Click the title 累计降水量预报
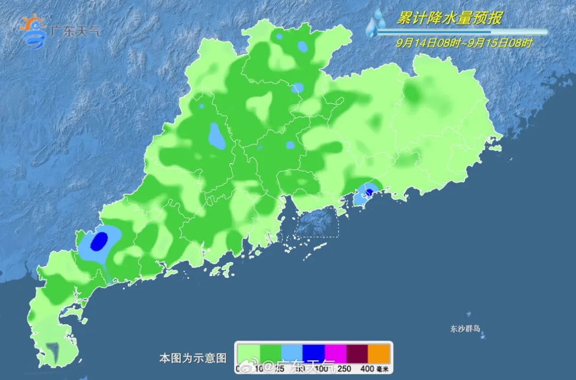click(449, 19)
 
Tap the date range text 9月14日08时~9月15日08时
click(463, 43)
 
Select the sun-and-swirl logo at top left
click(34, 32)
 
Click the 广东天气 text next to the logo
click(75, 30)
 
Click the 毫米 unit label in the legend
click(383, 368)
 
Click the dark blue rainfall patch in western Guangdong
click(99, 241)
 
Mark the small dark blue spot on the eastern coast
click(369, 191)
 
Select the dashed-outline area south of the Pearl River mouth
click(317, 222)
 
